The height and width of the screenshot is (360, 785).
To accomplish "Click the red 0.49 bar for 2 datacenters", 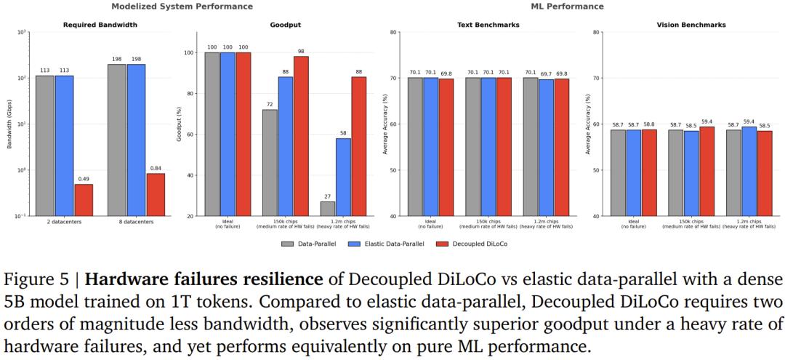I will [84, 200].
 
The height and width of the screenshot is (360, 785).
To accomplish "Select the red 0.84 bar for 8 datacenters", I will [156, 195].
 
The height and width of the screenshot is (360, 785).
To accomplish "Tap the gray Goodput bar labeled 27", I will [328, 209].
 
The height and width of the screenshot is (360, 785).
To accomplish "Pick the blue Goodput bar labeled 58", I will [343, 177].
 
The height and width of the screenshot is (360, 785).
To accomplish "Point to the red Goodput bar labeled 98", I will [301, 136].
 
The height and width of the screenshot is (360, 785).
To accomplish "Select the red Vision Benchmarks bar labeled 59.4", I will [706, 172].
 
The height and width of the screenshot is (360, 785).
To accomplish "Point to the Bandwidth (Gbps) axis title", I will [10, 124].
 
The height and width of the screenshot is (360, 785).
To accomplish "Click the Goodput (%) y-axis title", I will [180, 124].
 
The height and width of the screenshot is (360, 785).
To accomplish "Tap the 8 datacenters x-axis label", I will [136, 221].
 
